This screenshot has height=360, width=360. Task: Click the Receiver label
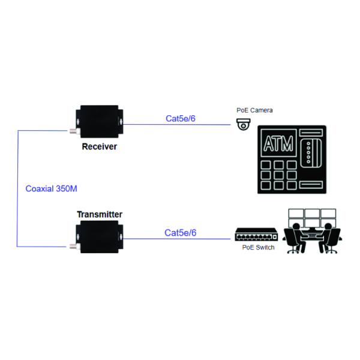tap(99, 146)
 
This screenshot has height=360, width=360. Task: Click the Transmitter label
tap(100, 214)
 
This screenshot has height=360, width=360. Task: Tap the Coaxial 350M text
tap(52, 188)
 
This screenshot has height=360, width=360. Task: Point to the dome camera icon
tap(243, 124)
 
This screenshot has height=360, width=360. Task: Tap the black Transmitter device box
tap(100, 236)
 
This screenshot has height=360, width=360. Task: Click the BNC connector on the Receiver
tap(73, 131)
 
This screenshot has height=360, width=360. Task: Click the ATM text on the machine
tap(278, 145)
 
